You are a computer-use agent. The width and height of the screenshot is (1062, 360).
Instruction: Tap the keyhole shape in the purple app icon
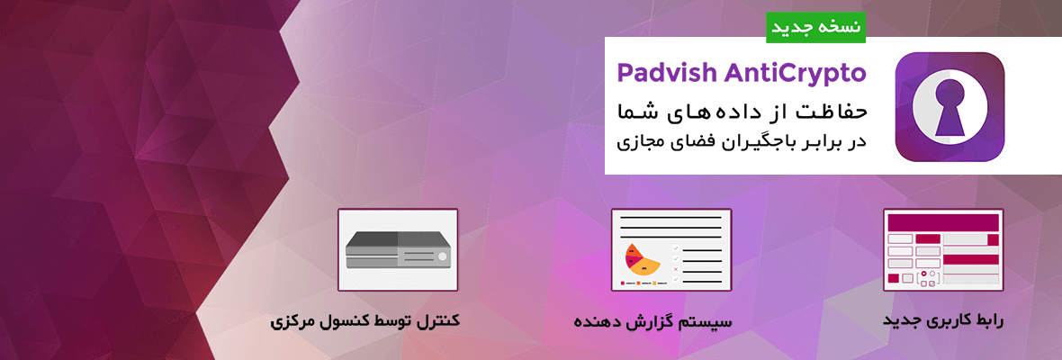(x=949, y=106)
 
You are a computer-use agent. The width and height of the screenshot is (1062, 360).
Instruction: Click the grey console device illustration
(x=398, y=250)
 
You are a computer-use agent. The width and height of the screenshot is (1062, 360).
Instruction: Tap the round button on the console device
(x=442, y=256)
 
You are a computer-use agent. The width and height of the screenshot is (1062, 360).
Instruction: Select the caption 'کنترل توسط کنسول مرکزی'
(x=365, y=320)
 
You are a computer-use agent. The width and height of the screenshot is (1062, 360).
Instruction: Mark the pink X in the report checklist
(x=675, y=268)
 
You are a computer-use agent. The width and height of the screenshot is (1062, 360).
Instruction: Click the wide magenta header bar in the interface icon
(x=943, y=222)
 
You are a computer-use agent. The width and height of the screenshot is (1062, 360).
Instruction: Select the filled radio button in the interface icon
(x=923, y=274)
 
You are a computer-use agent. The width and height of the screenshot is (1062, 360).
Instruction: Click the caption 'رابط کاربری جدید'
(x=943, y=320)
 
